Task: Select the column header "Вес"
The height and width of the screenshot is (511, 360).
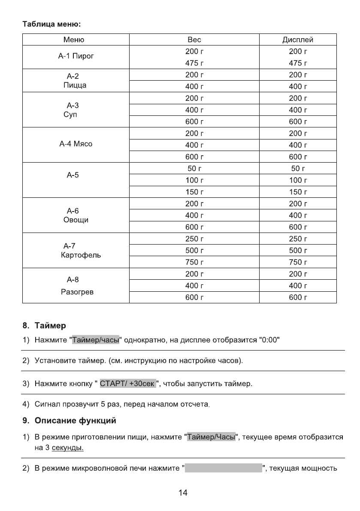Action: (194, 40)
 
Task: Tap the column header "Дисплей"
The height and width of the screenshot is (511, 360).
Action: (297, 40)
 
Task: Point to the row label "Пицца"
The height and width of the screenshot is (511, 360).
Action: (74, 85)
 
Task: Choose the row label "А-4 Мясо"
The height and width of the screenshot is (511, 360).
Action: (76, 144)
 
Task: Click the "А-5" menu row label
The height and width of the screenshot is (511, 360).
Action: (73, 175)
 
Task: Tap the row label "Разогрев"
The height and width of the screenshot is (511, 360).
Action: (77, 292)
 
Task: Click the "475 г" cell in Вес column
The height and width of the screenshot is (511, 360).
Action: (194, 63)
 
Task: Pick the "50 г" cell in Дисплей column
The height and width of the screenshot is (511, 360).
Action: (297, 169)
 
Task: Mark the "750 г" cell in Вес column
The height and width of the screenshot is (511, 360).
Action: (194, 262)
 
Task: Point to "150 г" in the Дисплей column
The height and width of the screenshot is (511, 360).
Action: (297, 192)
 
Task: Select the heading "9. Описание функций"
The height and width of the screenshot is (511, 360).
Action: (69, 421)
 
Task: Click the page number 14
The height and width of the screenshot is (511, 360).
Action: (183, 493)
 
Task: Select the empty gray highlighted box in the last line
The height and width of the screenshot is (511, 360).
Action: (223, 468)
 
